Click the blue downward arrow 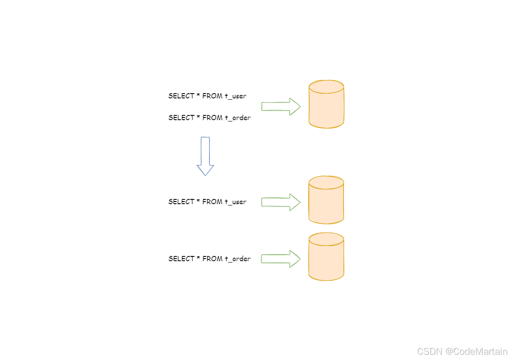coord(205,155)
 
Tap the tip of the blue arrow coord(205,175)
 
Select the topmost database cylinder coord(327,104)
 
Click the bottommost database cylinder coord(327,257)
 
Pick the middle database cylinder coord(327,200)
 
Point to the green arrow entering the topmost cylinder coord(280,106)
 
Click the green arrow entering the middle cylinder coord(280,202)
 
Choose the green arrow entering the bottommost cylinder coord(280,259)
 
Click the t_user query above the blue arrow coord(207,96)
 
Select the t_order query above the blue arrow coord(209,118)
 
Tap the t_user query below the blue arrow coord(207,202)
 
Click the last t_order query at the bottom coord(209,259)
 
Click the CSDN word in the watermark coord(430,351)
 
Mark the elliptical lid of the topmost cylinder coord(327,87)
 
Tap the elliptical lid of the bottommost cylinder coord(327,239)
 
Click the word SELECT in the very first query coord(181,96)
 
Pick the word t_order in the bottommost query coord(238,259)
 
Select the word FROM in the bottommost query coord(212,259)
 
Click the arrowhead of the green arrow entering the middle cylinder coord(295,202)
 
